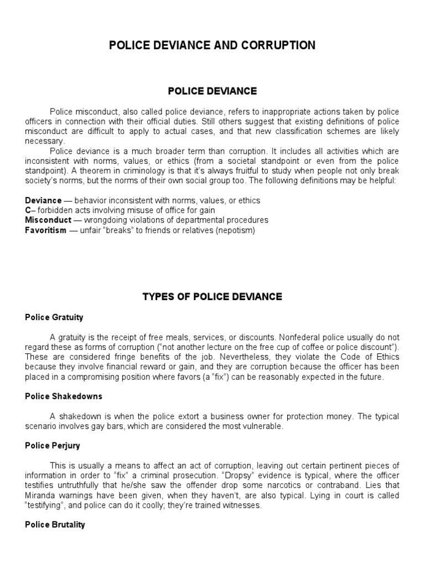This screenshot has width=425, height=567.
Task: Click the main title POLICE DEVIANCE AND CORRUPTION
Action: (212, 45)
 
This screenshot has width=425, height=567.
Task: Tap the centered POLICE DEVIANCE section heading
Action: (212, 91)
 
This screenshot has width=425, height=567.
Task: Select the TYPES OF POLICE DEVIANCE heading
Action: (212, 297)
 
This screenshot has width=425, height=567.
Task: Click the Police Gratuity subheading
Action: (54, 317)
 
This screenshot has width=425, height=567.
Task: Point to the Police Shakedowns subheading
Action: (64, 397)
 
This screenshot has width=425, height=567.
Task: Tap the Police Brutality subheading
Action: (55, 524)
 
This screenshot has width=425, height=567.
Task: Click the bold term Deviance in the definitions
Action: (44, 200)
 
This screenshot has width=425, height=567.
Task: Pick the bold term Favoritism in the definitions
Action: (46, 230)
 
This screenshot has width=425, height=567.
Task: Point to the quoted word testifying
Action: (45, 506)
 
